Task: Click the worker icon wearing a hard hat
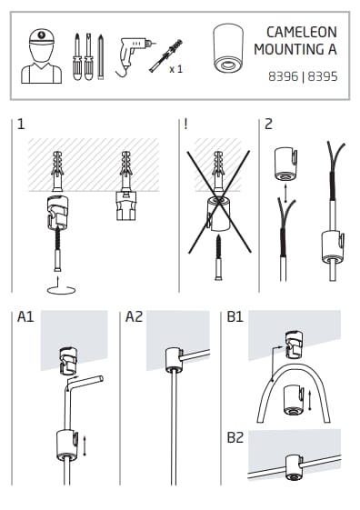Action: tap(41, 56)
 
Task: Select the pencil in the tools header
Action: tap(101, 56)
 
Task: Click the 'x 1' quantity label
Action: tap(175, 69)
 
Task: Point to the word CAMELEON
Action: tap(302, 32)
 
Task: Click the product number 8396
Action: tap(283, 76)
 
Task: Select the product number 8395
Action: tap(323, 76)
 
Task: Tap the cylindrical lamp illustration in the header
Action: tap(228, 48)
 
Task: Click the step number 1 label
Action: tap(21, 125)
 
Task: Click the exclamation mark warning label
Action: tap(185, 124)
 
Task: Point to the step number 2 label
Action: tap(268, 125)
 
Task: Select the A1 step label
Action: tap(25, 316)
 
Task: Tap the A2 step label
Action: tap(134, 316)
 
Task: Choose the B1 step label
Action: tap(235, 316)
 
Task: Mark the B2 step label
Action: tap(235, 437)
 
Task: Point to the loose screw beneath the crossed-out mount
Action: tap(219, 257)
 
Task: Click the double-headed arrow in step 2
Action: tap(285, 194)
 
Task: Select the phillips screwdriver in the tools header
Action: tap(77, 56)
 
